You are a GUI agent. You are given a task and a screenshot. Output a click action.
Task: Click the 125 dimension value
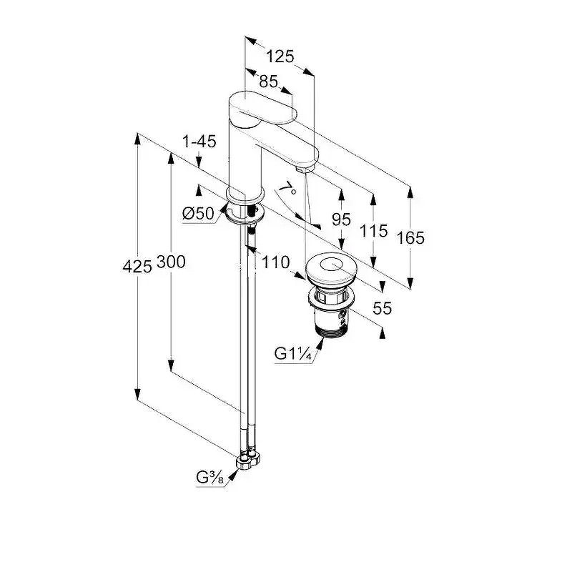[280, 56]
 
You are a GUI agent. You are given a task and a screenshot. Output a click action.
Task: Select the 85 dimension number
[268, 82]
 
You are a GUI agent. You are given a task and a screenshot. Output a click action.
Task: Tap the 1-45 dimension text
[199, 142]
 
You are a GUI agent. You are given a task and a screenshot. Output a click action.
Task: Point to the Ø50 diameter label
[198, 212]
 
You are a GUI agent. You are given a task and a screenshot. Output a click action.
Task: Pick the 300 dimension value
[171, 262]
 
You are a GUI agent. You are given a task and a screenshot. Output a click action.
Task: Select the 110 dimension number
[275, 262]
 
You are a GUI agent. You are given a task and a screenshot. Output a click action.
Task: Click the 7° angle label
[287, 189]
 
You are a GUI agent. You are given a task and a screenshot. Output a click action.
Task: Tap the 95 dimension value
[342, 220]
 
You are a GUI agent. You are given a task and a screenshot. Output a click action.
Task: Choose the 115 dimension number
[373, 230]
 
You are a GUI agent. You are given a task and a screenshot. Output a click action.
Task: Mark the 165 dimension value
[410, 237]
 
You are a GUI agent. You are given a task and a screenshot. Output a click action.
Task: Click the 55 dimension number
[383, 308]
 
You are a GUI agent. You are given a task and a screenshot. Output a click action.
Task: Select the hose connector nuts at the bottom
[249, 458]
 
